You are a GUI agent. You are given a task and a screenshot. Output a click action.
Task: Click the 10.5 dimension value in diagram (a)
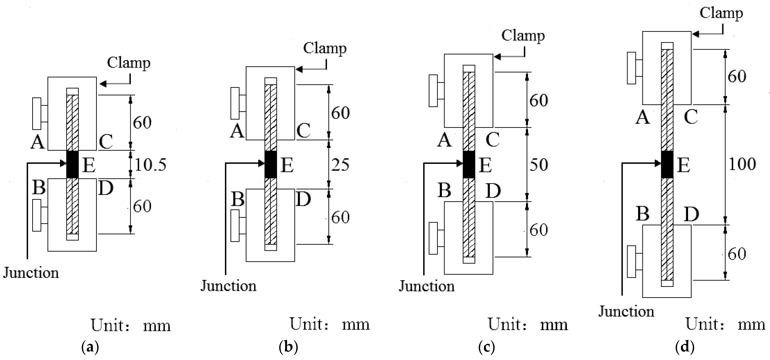pos(150,165)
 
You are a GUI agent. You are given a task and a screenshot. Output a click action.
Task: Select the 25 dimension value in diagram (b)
pos(340,165)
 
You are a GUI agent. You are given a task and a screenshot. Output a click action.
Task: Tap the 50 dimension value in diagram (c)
pos(539,165)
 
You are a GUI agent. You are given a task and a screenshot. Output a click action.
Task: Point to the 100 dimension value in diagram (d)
pos(742,164)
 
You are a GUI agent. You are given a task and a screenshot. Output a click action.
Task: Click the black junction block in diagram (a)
pos(72,164)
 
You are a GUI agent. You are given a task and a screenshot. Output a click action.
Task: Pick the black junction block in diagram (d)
pos(667,164)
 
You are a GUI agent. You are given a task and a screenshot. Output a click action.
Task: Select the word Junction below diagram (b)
pos(228,286)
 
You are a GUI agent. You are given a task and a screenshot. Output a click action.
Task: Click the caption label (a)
pos(90,347)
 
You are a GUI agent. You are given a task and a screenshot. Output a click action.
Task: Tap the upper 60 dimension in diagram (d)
pos(737,77)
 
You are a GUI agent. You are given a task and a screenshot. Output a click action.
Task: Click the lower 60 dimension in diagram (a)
pos(142,206)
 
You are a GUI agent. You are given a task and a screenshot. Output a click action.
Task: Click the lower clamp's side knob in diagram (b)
pos(235,226)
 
